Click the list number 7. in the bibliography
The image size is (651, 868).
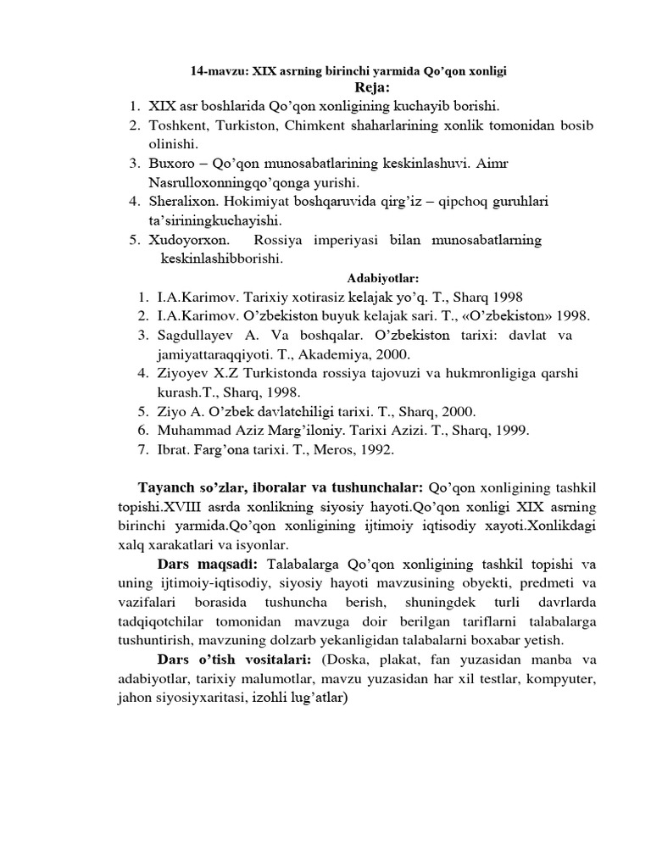(x=141, y=450)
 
